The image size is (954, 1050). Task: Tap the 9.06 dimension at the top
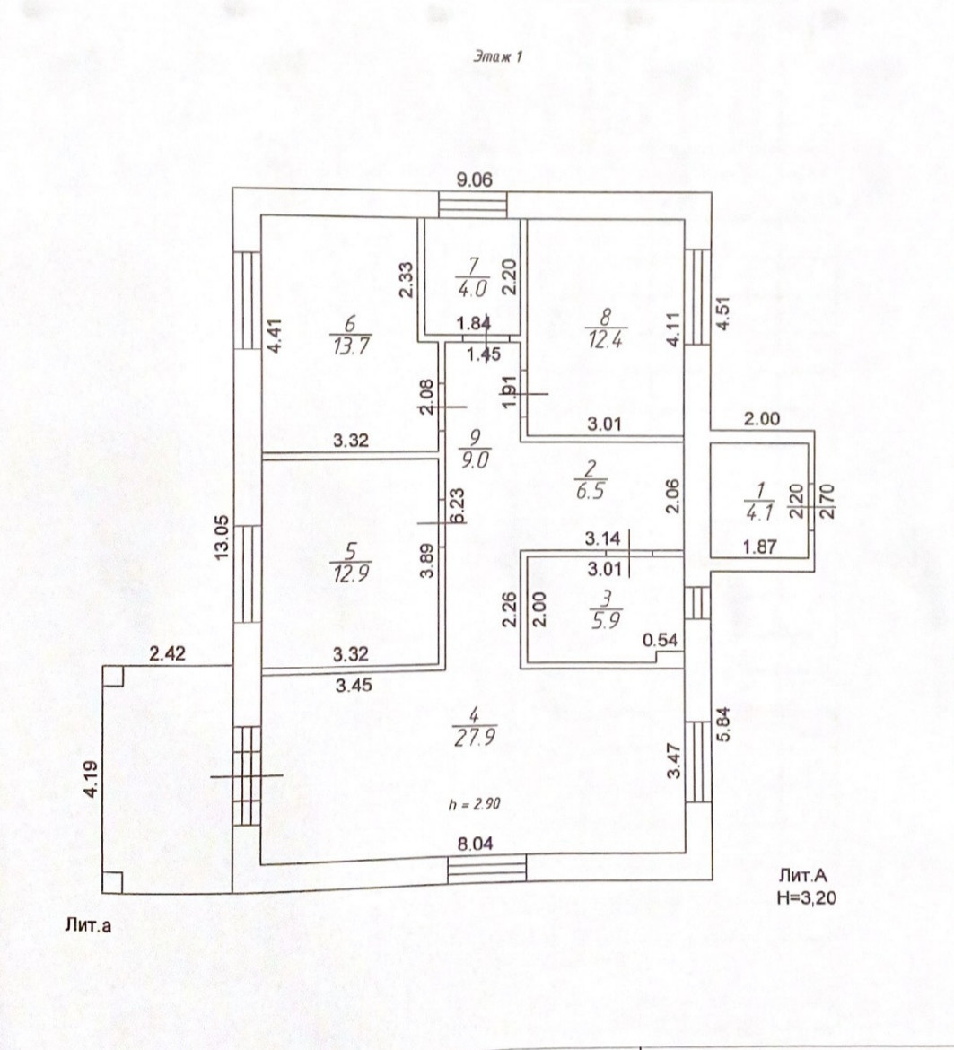coord(474,179)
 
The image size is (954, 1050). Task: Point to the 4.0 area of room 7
coord(472,290)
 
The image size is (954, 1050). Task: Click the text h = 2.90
coord(474,805)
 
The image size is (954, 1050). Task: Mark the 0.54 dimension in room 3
coord(662,642)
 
